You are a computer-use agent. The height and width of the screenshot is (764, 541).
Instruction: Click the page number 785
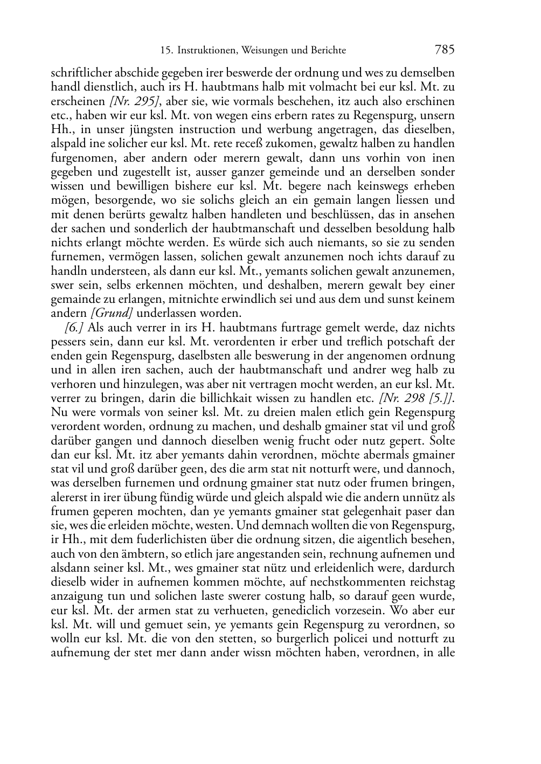(x=444, y=50)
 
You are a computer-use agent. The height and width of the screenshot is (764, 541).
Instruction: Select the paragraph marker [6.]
(x=74, y=328)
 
